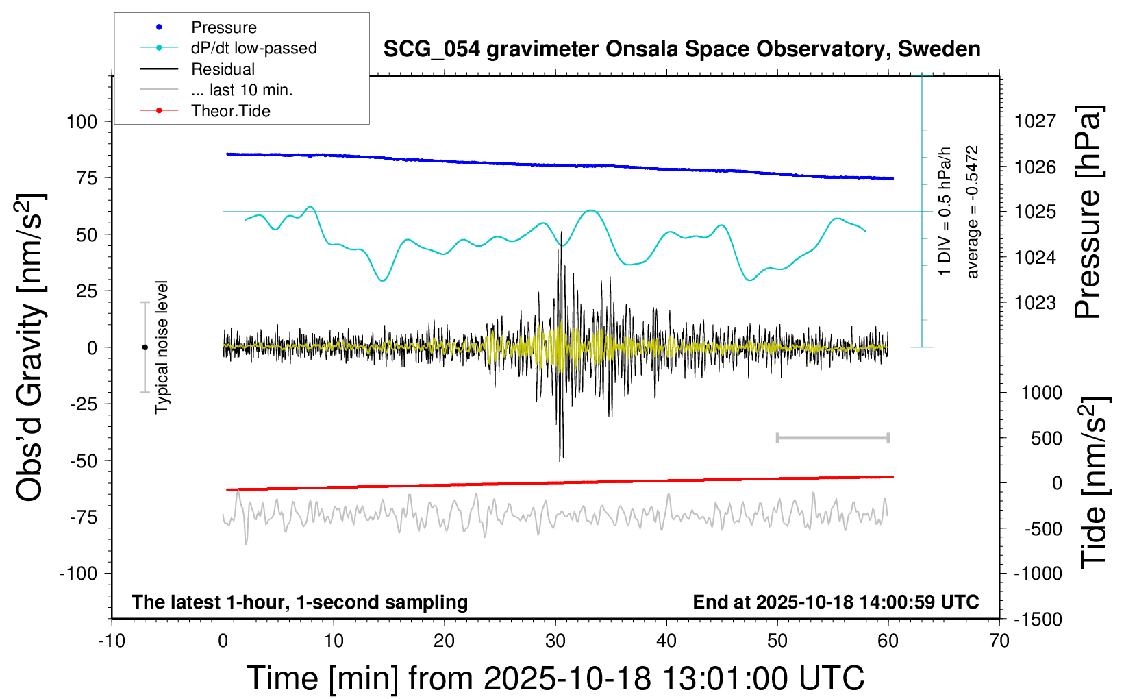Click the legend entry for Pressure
[223, 27]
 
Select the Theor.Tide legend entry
[230, 111]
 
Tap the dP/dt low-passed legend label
[253, 49]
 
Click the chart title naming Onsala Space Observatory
[682, 49]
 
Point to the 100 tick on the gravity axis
[82, 122]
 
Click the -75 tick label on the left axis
[84, 517]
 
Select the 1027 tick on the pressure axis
[1035, 122]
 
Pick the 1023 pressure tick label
[1035, 303]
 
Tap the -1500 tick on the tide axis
[1038, 620]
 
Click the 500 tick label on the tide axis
[1047, 439]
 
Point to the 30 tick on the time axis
[555, 641]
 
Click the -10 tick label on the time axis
[112, 641]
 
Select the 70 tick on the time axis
[999, 641]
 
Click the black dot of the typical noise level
[145, 347]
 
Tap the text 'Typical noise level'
[162, 347]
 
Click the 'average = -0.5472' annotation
[972, 212]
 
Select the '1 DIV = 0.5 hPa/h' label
[945, 211]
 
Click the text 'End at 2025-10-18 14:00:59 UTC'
[836, 602]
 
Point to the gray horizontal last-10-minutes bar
[832, 437]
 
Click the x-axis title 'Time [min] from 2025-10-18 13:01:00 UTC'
[555, 678]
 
